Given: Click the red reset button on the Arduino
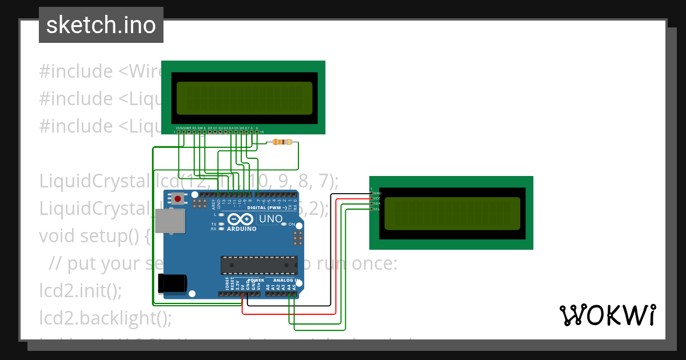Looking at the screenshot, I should pyautogui.click(x=179, y=199).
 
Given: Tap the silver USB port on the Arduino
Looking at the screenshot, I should pyautogui.click(x=171, y=221).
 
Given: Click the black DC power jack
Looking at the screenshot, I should pyautogui.click(x=171, y=283).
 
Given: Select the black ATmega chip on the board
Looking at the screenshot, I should pyautogui.click(x=259, y=265).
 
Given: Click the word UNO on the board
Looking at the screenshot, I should pyautogui.click(x=271, y=219).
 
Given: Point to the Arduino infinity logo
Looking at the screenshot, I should pyautogui.click(x=238, y=219).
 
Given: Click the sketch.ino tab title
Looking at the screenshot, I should pyautogui.click(x=101, y=25).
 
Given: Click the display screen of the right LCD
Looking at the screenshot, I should pyautogui.click(x=452, y=213).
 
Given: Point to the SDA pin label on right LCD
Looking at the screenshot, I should pyautogui.click(x=377, y=203).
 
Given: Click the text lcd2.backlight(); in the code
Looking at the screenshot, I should pyautogui.click(x=106, y=317).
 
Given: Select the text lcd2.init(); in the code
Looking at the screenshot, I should pyautogui.click(x=81, y=290).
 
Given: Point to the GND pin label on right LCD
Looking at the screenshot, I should pyautogui.click(x=377, y=193).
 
